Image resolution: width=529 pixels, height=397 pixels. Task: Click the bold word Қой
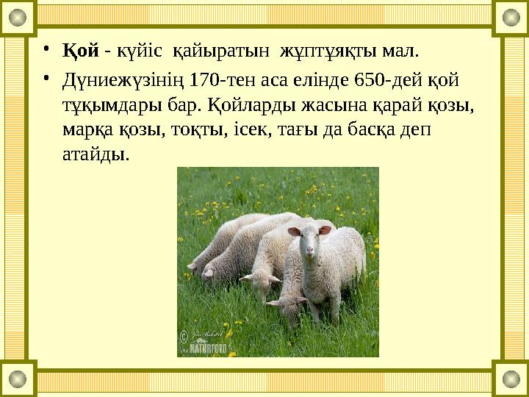point(80,51)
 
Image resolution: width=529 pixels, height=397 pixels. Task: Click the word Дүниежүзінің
point(123,77)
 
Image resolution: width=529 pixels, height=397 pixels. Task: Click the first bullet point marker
point(46,51)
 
